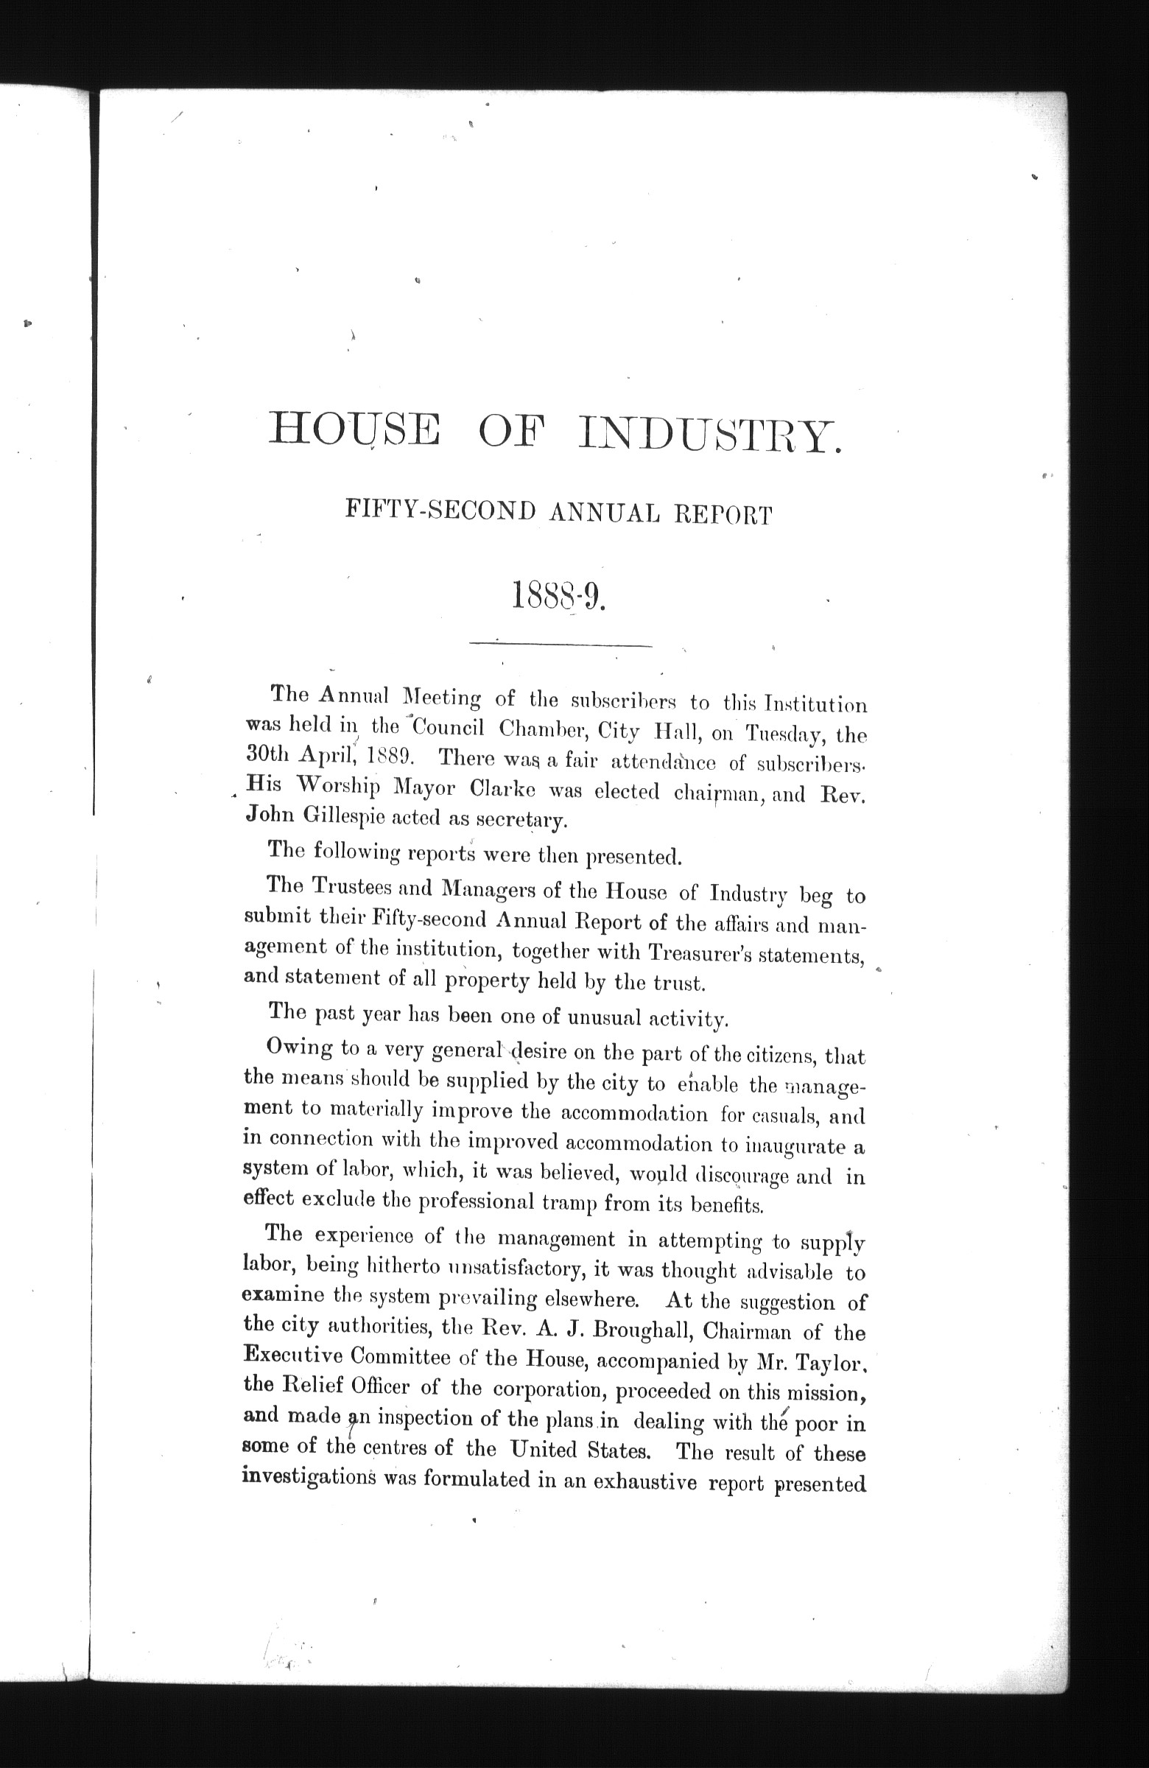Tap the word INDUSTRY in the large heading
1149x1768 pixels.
pos(710,433)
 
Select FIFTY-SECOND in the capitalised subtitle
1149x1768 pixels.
pos(440,512)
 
